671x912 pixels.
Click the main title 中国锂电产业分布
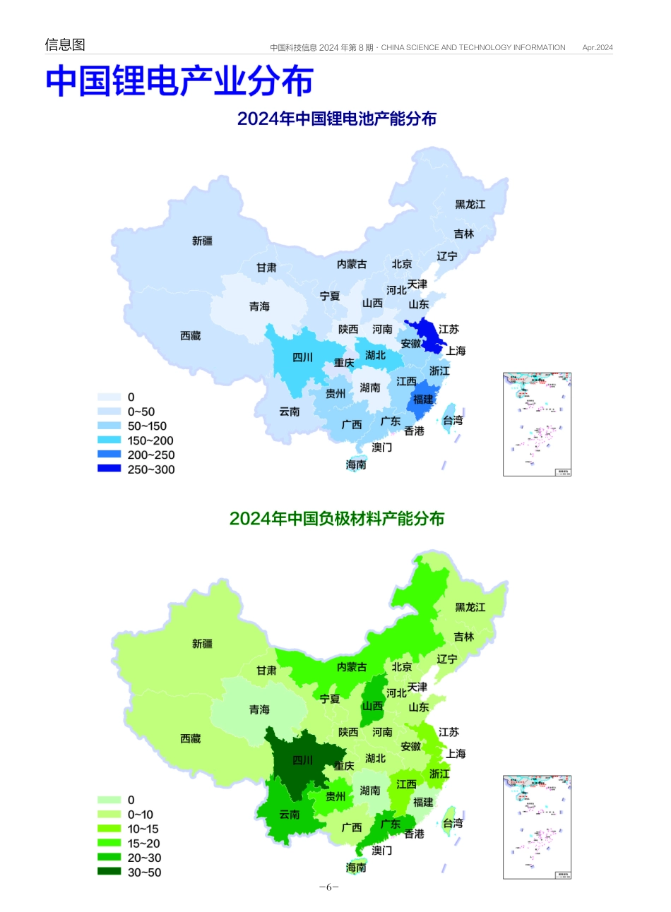tap(179, 81)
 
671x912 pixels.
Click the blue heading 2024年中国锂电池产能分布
tap(336, 119)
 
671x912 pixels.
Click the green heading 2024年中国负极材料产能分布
tap(336, 519)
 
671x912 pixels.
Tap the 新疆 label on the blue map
tap(202, 241)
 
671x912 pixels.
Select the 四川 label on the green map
tap(302, 760)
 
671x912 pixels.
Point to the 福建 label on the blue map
tap(423, 400)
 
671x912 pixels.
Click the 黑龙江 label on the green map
tap(470, 607)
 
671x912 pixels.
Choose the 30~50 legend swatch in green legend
tap(109, 872)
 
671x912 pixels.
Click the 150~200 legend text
tap(150, 440)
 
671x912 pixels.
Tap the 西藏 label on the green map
tap(191, 738)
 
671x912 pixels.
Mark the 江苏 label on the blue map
tap(449, 329)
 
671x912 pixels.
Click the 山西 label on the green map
tap(372, 706)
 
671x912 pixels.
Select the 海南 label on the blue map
tap(356, 464)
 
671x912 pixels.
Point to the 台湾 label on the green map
tap(453, 823)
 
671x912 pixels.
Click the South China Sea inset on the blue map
tap(537, 424)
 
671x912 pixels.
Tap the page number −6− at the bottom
tap(329, 887)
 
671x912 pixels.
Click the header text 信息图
tap(65, 44)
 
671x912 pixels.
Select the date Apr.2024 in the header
tap(598, 48)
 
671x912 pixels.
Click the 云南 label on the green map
tap(290, 815)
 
